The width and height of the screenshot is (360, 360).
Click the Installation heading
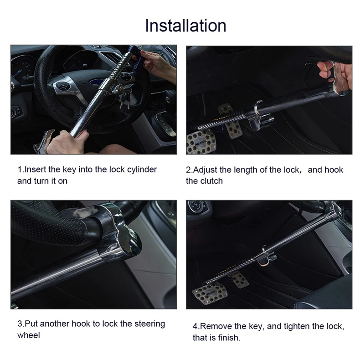186,26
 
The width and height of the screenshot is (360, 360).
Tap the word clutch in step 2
211,181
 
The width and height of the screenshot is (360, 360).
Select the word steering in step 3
149,324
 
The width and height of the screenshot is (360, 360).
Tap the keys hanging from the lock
126,99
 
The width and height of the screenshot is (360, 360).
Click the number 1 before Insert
20,170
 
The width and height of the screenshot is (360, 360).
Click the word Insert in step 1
35,170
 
